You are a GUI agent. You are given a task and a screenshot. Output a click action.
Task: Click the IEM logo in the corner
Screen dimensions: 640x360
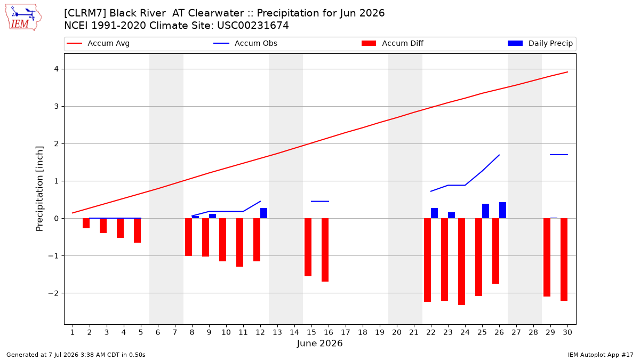tap(23, 18)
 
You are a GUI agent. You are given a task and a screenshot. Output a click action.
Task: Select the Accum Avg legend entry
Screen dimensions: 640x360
tap(98, 43)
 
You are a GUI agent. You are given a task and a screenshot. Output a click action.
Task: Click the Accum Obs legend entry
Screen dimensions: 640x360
tap(245, 43)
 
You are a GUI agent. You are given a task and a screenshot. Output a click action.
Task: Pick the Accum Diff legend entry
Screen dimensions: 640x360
tap(393, 43)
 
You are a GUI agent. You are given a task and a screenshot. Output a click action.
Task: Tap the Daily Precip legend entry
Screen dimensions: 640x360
tap(540, 43)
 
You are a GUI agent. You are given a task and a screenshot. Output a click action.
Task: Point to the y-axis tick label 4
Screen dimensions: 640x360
tap(57, 69)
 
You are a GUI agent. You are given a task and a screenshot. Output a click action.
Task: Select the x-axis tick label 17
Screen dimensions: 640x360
tap(346, 332)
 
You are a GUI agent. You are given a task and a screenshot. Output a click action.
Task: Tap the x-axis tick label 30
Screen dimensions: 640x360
tap(567, 332)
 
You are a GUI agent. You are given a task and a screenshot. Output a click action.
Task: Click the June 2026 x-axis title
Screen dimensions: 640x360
tap(319, 343)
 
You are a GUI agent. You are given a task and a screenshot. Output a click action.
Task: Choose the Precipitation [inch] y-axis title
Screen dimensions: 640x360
tap(39, 189)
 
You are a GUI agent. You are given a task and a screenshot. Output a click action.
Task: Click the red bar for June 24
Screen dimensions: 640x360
tap(461, 262)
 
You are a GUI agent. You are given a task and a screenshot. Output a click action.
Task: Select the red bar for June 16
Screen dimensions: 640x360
tap(325, 250)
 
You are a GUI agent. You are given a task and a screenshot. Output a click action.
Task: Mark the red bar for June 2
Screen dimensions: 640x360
tap(86, 223)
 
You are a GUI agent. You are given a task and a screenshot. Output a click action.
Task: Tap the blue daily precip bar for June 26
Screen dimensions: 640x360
tap(502, 210)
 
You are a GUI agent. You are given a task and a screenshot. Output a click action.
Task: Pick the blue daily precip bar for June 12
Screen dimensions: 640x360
tap(263, 213)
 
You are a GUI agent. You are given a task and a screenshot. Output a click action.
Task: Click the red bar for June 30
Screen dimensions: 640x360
tap(564, 259)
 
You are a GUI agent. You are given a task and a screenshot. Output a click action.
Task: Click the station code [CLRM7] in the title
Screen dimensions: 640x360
tap(85, 13)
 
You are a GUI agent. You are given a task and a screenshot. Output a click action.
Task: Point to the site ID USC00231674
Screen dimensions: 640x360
tap(253, 26)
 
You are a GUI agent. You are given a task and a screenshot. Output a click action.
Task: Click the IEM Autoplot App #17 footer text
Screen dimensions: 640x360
tap(601, 355)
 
